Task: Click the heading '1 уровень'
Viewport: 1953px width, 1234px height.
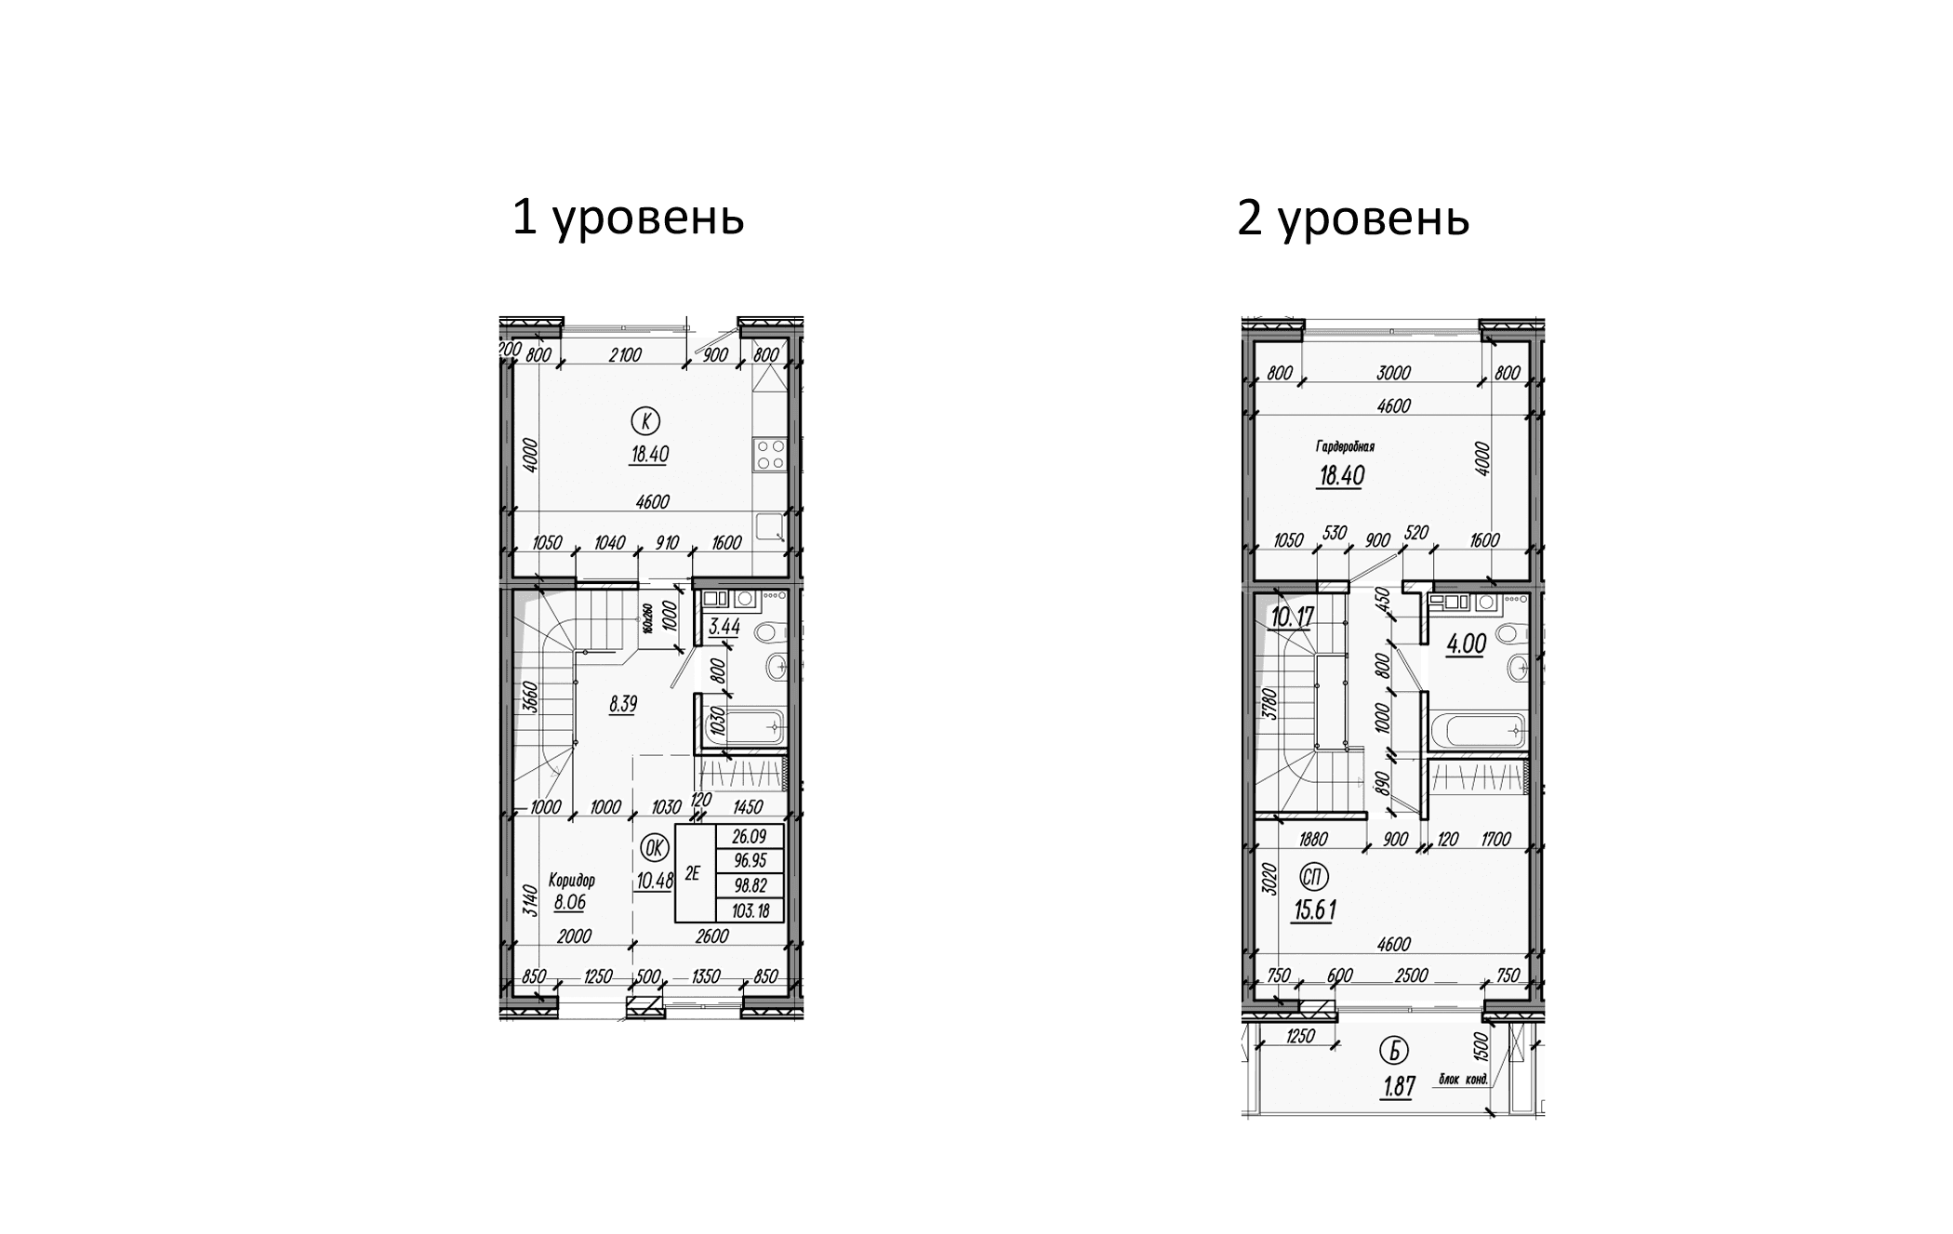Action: pos(628,219)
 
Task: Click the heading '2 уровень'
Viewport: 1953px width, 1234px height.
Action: pos(1352,219)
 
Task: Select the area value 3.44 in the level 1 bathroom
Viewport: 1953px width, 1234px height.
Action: pos(724,628)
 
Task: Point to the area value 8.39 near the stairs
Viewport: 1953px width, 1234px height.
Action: pos(622,705)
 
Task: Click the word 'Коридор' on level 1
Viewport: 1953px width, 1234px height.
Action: pos(571,880)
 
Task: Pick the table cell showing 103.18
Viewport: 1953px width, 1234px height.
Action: pos(751,911)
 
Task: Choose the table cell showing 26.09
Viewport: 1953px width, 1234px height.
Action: pos(751,837)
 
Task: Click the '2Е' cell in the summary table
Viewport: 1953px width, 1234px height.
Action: pos(693,873)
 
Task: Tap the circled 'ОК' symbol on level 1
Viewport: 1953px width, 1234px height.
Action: pos(654,847)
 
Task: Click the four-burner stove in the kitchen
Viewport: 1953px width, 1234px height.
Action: pos(770,455)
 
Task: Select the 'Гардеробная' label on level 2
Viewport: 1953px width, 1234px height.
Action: pos(1345,446)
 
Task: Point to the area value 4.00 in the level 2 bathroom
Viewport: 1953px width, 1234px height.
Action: pos(1467,644)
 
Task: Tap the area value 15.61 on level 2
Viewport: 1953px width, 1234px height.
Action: pos(1314,910)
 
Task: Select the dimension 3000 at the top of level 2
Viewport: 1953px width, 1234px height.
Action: pos(1393,373)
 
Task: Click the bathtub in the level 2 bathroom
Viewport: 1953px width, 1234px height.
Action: pos(1479,730)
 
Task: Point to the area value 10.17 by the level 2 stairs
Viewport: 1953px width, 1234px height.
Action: pos(1292,616)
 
